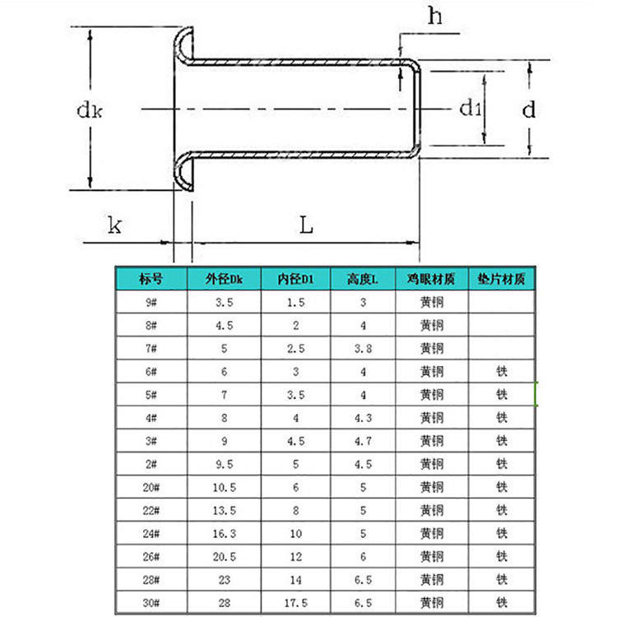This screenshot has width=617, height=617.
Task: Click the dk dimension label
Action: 90,109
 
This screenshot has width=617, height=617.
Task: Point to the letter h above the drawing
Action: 435,16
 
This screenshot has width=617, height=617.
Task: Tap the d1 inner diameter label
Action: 471,108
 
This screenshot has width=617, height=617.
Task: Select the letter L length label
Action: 306,225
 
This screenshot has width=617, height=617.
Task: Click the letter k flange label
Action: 114,225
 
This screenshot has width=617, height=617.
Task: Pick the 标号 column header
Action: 151,279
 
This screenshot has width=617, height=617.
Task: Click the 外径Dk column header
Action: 224,279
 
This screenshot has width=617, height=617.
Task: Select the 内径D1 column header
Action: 295,279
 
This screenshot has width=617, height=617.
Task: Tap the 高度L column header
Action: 363,279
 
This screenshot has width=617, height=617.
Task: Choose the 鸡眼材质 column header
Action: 431,279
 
